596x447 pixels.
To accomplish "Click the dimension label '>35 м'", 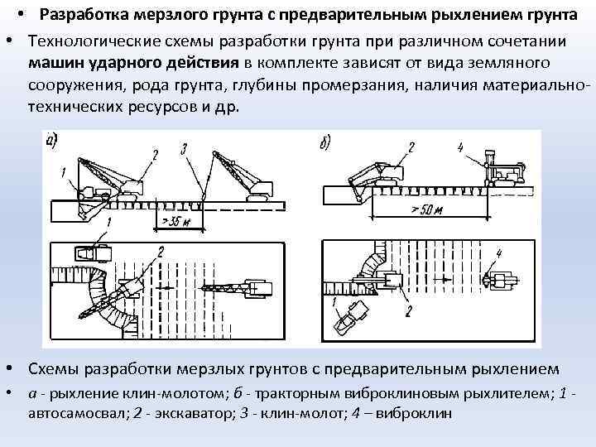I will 171,221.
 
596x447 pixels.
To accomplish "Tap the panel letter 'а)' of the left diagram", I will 51,141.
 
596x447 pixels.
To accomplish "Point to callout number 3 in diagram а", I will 184,149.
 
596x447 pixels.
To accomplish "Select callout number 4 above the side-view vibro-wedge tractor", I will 460,148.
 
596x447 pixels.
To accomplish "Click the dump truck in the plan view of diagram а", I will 93,253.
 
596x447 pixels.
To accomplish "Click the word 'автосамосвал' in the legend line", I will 70,412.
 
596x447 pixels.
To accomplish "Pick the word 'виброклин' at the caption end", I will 414,412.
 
